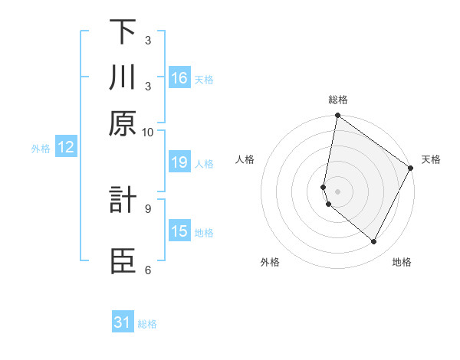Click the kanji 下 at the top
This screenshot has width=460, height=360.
(123, 31)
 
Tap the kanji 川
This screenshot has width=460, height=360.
(123, 79)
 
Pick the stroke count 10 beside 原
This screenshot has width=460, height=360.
(148, 131)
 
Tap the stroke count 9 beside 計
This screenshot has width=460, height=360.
(148, 206)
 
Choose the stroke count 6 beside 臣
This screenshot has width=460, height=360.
(148, 270)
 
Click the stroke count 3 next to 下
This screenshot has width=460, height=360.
(148, 40)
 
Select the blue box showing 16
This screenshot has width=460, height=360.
(179, 78)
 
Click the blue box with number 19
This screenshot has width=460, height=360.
(179, 162)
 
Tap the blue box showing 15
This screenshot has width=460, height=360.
(179, 231)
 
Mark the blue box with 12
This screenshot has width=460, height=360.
(66, 147)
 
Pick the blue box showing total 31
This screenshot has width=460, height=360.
(123, 322)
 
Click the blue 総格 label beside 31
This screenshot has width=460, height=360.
(147, 324)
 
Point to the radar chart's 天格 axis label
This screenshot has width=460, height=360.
(431, 159)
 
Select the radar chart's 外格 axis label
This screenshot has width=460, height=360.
(270, 262)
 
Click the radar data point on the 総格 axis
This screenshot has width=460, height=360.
(337, 116)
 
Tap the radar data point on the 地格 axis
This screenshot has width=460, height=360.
(374, 242)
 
